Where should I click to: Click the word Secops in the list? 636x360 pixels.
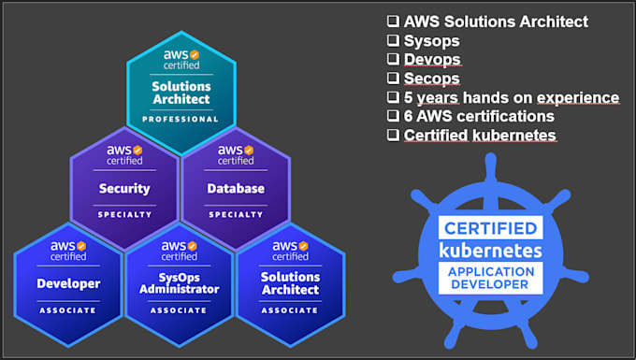pos(431,79)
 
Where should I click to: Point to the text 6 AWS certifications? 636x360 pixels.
pos(479,117)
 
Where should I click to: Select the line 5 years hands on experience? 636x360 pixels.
pos(511,98)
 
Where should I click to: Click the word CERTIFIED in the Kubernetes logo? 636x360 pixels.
pos(490,228)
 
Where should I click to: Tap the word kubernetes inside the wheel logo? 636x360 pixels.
pos(490,251)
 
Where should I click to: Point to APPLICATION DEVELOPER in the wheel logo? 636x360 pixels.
pos(490,278)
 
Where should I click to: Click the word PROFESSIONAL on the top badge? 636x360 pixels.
pos(180,120)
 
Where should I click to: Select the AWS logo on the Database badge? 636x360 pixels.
pos(235,151)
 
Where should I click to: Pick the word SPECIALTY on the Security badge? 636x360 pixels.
pos(124,214)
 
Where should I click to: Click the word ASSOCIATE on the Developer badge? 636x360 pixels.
pos(68,310)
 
